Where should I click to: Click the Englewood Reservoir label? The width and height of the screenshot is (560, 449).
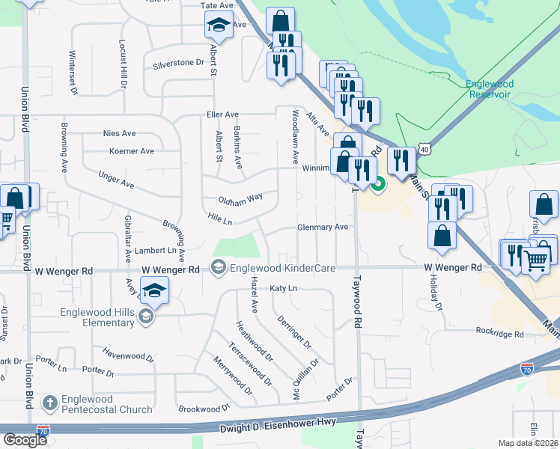click(x=489, y=89)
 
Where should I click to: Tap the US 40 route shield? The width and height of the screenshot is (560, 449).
click(x=424, y=150)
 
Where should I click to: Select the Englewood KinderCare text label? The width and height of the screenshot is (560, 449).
click(x=282, y=268)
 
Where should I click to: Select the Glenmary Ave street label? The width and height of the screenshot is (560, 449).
click(x=323, y=227)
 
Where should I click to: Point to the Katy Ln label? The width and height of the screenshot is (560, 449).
click(x=283, y=288)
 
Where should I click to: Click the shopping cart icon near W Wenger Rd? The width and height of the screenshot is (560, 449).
click(x=535, y=260)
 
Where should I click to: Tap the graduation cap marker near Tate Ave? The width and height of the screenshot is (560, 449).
click(x=219, y=26)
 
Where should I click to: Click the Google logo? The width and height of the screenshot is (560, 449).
click(x=24, y=440)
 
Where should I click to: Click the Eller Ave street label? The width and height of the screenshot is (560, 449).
click(x=222, y=114)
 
